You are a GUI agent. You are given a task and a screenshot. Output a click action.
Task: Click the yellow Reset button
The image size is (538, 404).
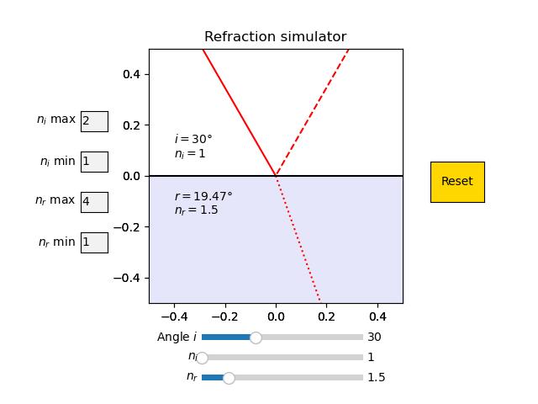pos(457,182)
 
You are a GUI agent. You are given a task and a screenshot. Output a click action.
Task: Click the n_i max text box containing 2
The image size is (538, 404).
pos(94,121)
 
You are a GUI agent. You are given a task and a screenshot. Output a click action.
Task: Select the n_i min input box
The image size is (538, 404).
pos(94,162)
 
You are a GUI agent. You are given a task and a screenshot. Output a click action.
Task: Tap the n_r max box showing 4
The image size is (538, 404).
pos(94,202)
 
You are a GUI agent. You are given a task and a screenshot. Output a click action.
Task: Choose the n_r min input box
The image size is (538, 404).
pos(94,242)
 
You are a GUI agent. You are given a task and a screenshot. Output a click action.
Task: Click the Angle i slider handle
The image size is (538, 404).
pos(256,338)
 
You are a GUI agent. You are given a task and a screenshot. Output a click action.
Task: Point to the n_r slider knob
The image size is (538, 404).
pos(229,378)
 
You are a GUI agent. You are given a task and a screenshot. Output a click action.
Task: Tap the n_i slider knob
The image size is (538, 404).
pos(202,358)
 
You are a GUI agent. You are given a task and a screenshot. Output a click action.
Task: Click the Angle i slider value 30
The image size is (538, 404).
pos(374,337)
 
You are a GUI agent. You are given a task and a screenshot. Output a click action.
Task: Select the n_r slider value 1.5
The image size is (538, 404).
pos(377,378)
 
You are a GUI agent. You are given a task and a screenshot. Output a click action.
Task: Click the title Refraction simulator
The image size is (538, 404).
pos(276,36)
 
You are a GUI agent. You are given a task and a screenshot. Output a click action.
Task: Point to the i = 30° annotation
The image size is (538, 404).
pos(193,139)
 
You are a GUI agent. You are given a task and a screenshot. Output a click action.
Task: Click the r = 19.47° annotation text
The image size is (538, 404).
pos(203,196)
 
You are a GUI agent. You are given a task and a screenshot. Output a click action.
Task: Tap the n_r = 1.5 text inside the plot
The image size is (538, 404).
pos(196,210)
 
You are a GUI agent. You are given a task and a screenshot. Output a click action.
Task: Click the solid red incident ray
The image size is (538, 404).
pos(240,113)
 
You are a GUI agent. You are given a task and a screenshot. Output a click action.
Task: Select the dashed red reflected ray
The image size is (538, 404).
pos(312,113)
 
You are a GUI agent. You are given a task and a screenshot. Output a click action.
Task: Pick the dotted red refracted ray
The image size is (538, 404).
pos(298,239)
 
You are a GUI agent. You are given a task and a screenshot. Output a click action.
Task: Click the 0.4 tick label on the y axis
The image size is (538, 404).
pos(131,74)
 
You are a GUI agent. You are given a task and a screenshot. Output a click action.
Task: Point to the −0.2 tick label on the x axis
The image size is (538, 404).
pos(225,316)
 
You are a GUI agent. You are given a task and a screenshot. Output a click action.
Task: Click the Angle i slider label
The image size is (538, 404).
pos(177,337)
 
